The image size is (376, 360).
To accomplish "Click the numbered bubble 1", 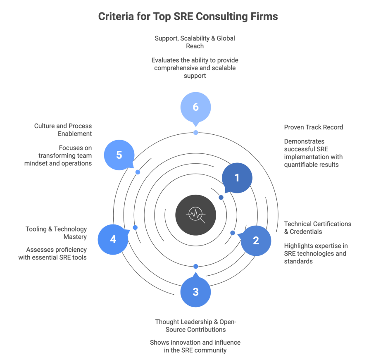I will tap(237, 178).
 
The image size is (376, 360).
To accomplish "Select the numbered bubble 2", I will tap(256, 240).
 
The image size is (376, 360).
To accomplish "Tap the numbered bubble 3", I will tap(195, 292).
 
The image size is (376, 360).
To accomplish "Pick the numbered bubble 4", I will tap(113, 239).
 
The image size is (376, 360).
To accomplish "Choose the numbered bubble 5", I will tap(119, 155).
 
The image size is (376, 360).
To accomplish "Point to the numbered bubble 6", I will tap(195, 107).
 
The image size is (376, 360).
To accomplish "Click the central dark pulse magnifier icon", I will tap(195, 215).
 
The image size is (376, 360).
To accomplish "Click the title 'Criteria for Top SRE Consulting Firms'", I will tap(188, 17).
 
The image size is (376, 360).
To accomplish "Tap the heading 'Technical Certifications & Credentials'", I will tap(317, 228).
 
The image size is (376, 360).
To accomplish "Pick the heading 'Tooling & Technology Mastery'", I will tap(56, 233).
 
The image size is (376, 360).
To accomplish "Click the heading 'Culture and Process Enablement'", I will tap(63, 130).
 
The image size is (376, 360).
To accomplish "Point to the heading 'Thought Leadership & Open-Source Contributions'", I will tap(195, 326).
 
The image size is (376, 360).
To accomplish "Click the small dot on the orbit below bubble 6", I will tap(195, 133).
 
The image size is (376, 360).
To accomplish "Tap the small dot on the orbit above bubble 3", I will tap(195, 266).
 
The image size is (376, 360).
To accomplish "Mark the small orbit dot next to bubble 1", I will tap(221, 197).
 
